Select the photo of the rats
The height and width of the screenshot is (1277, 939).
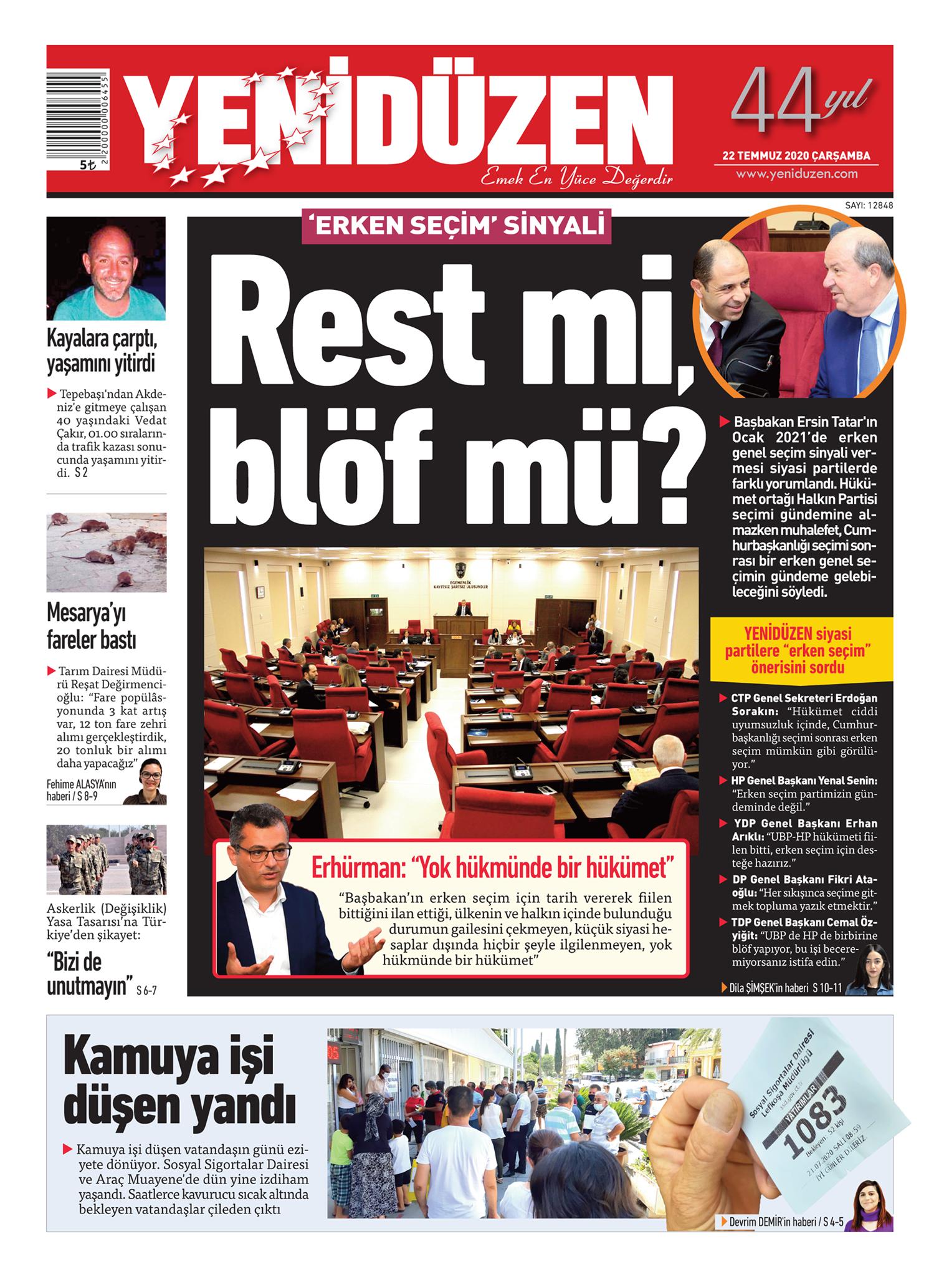pyautogui.click(x=107, y=552)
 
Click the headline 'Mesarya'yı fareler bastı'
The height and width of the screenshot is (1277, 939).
pyautogui.click(x=92, y=627)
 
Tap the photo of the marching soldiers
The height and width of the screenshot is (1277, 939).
pyautogui.click(x=107, y=860)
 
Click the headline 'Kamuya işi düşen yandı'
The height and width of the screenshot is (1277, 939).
pyautogui.click(x=179, y=1085)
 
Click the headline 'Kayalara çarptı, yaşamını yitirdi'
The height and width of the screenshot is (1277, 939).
pyautogui.click(x=101, y=352)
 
